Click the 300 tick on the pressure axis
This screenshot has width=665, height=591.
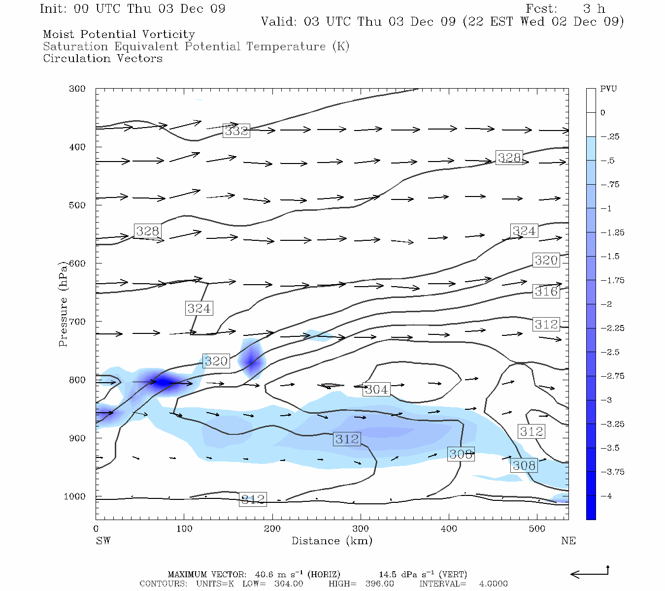pos(77,89)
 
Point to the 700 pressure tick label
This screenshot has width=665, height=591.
pos(77,322)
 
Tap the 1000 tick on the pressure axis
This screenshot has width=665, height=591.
pos(75,496)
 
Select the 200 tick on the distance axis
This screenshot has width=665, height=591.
pos(272,529)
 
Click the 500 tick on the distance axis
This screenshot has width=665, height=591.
pos(537,529)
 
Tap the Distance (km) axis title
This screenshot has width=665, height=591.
pos(332,541)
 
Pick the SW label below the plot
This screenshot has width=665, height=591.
pos(103,541)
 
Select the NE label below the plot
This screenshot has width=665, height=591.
pos(568,541)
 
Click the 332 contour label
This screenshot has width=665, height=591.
pos(236,131)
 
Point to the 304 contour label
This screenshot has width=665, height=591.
pos(376,390)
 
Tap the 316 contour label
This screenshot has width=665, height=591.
pos(546,292)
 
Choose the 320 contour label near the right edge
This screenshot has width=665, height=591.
pos(546,260)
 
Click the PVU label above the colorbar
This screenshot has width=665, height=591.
pos(608,89)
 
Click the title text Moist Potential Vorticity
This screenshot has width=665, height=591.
pos(119,34)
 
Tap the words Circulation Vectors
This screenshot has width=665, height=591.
pos(102,59)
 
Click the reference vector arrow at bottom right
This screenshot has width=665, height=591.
pos(590,573)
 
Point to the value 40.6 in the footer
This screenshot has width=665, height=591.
pos(264,575)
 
